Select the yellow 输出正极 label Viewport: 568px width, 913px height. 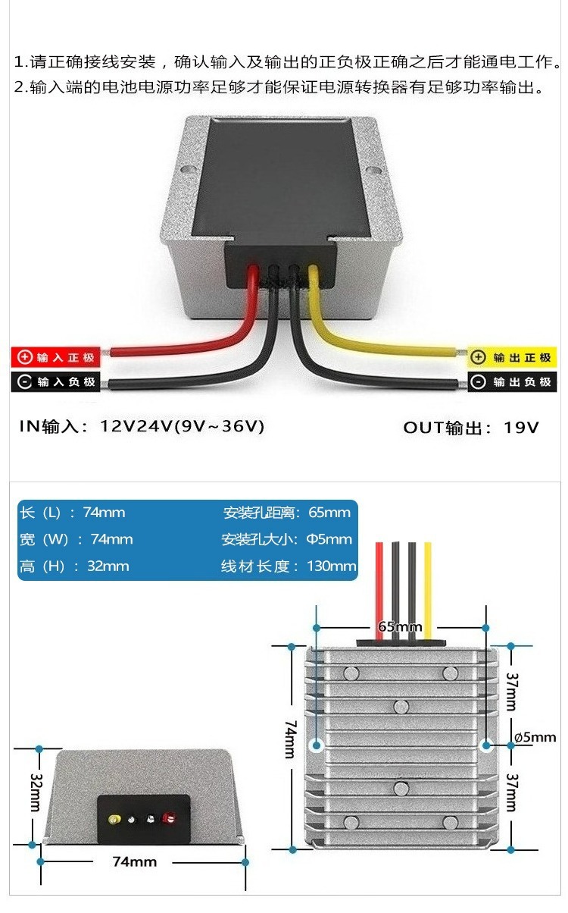pos(511,357)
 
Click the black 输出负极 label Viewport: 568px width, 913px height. pos(511,381)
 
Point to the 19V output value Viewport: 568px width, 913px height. pos(522,427)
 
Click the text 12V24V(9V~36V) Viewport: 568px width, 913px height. pos(182,426)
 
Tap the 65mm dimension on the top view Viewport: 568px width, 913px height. pos(399,627)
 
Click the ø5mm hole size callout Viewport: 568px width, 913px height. pos(535,737)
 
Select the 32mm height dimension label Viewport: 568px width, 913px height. pos(35,792)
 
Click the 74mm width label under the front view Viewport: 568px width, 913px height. pos(134,861)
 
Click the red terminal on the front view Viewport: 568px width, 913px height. pos(169,818)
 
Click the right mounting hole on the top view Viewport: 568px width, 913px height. pos(485,745)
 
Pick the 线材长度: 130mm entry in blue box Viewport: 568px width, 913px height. pos(289,566)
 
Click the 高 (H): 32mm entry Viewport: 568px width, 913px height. pos(74,566)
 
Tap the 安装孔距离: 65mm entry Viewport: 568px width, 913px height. pos(287,513)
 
